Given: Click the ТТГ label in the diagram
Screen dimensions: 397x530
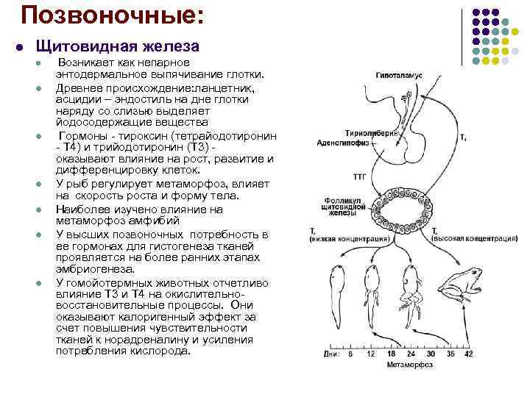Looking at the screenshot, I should [x=361, y=177].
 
